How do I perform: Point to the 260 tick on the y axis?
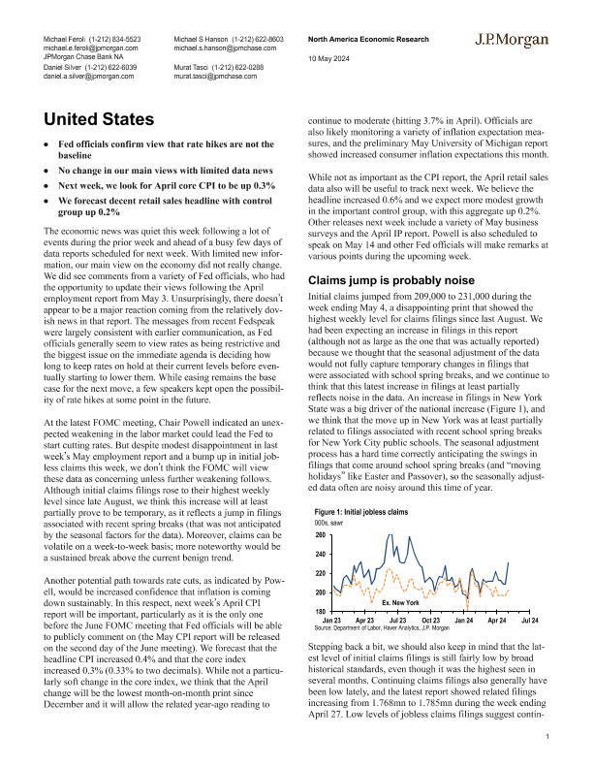coord(321,535)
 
